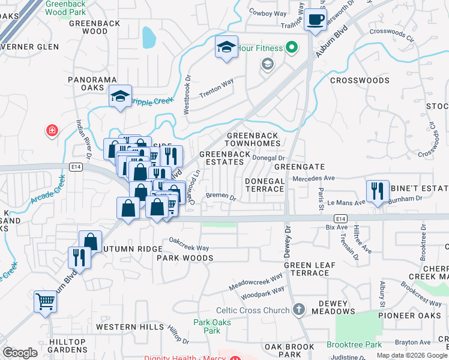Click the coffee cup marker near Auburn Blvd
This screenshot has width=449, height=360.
pyautogui.click(x=315, y=20)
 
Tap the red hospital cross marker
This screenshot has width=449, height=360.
pyautogui.click(x=53, y=130)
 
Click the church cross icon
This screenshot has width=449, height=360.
pyautogui.click(x=299, y=310)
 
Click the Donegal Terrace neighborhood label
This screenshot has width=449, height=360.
pyautogui.click(x=264, y=185)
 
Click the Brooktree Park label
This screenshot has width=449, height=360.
pyautogui.click(x=355, y=345)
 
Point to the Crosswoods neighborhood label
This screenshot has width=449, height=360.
pyautogui.click(x=360, y=80)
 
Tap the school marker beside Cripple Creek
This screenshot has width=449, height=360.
pyautogui.click(x=120, y=97)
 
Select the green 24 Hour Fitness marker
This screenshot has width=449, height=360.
pyautogui.click(x=292, y=47)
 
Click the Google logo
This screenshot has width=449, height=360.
pyautogui.click(x=20, y=353)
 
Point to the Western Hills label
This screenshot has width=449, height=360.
pyautogui.click(x=130, y=327)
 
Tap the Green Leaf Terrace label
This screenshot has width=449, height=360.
pyautogui.click(x=306, y=269)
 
